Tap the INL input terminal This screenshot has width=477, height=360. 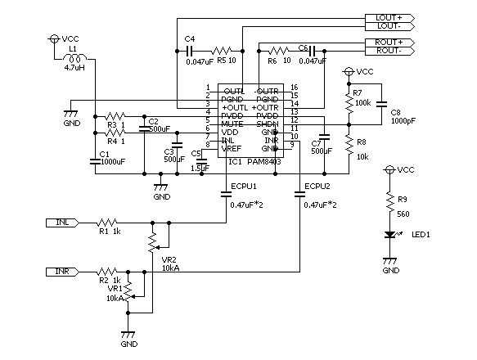pyautogui.click(x=65, y=222)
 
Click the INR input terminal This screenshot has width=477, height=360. pyautogui.click(x=65, y=271)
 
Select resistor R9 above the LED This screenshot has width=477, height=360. pyautogui.click(x=390, y=201)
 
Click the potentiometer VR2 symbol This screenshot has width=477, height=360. pyautogui.click(x=151, y=241)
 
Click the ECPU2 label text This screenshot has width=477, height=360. pyautogui.click(x=317, y=187)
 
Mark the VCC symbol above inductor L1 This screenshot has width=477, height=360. pyautogui.click(x=55, y=38)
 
